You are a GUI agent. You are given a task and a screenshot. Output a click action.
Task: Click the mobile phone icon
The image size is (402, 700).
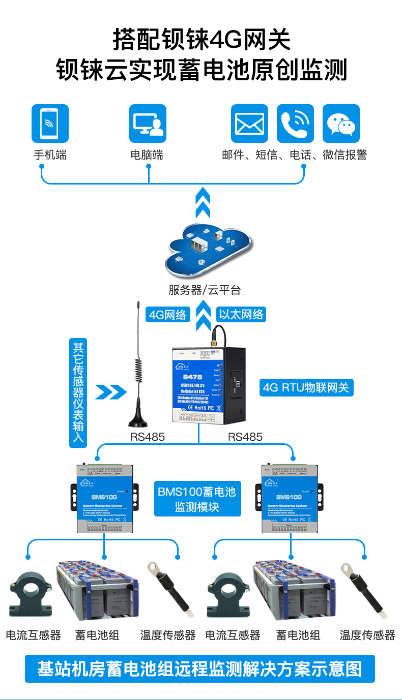(x=50, y=124)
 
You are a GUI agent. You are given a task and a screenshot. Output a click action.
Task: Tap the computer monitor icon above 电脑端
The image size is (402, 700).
(x=148, y=124)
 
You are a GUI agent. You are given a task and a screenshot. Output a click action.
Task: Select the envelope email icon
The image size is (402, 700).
(x=249, y=124)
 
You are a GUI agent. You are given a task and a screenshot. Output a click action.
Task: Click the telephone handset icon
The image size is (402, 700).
(x=295, y=124)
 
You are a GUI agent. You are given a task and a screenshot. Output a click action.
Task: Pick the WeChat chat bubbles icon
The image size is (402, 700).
(x=341, y=124)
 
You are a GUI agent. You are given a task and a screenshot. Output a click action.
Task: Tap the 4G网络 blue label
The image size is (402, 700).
(x=168, y=315)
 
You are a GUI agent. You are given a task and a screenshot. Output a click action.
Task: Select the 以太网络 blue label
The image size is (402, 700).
(x=241, y=315)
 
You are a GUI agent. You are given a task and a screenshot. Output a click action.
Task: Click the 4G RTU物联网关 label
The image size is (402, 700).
(x=306, y=388)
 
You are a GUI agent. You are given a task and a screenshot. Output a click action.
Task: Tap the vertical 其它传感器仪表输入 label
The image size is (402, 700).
(x=78, y=393)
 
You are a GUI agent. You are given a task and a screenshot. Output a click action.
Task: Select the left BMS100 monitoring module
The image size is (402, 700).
(x=104, y=498)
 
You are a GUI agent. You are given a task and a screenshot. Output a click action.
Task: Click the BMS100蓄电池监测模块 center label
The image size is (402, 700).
(x=197, y=499)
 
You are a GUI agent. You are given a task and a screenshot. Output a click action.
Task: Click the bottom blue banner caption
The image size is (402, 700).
(x=200, y=668)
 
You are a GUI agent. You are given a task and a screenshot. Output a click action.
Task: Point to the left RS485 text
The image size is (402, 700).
(x=148, y=437)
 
